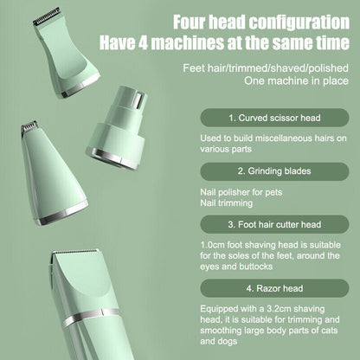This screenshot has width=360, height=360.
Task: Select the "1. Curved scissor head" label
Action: [267, 116]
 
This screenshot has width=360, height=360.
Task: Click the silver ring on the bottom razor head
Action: [95, 332]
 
